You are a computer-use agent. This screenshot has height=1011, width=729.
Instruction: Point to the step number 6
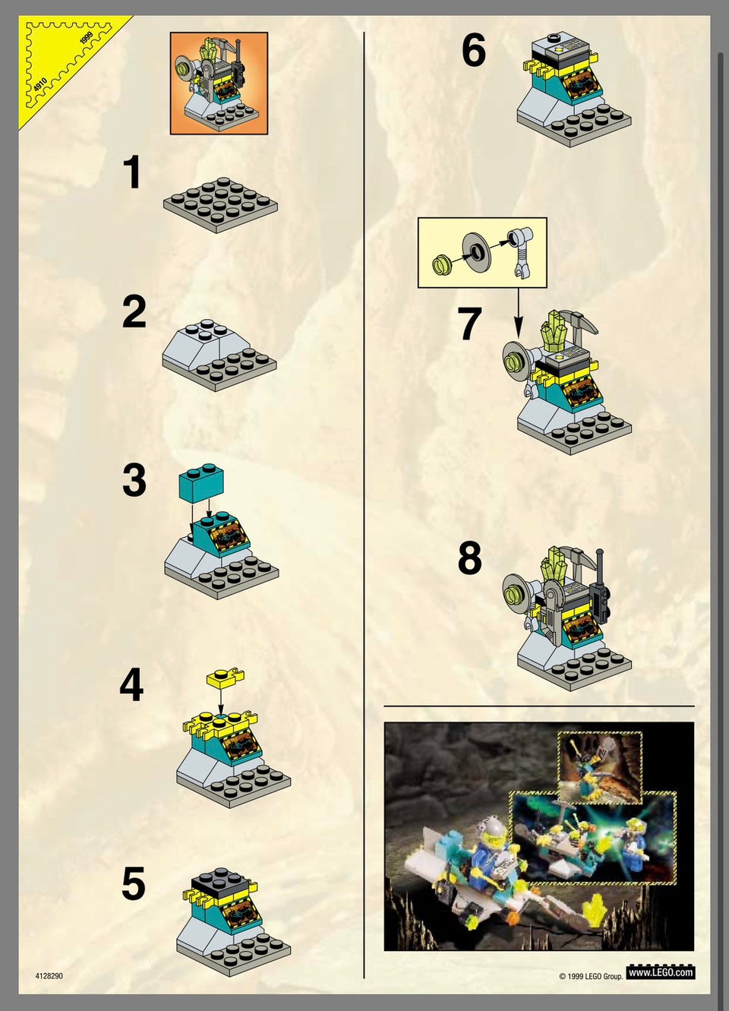[x=473, y=49]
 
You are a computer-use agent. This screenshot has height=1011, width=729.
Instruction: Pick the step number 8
[x=469, y=558]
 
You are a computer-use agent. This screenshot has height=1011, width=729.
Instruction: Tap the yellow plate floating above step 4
[x=225, y=678]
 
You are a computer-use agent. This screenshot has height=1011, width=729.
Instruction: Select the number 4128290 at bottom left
[x=49, y=976]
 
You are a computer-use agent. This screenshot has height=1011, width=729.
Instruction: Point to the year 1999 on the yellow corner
[x=86, y=38]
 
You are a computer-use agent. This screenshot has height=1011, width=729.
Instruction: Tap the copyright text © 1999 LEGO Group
[x=591, y=976]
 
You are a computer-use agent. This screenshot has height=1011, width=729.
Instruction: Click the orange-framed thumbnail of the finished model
[x=219, y=83]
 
